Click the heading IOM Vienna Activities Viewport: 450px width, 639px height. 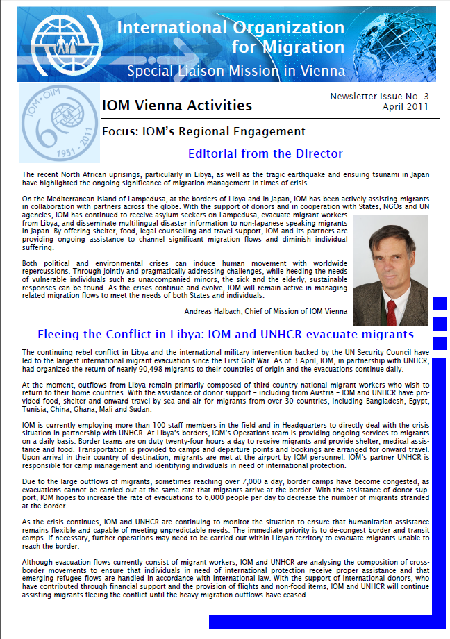[176, 106]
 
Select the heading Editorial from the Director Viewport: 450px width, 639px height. [265, 153]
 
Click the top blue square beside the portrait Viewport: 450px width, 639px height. [440, 304]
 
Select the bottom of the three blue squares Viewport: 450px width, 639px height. [440, 342]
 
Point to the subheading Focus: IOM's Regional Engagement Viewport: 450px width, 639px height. [203, 131]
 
